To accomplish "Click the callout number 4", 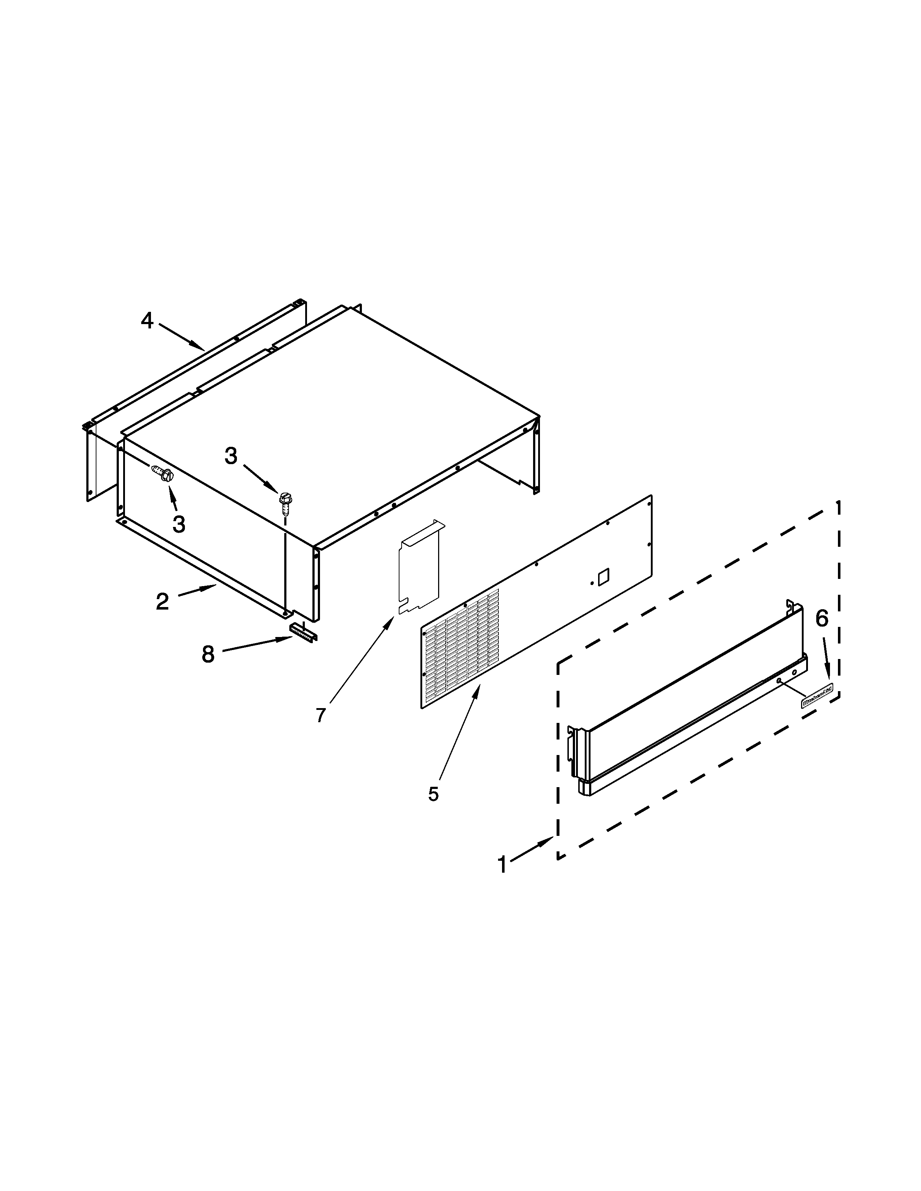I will coord(147,320).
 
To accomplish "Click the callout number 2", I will coord(162,602).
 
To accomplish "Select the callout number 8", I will coord(208,654).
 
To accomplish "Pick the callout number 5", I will coord(433,794).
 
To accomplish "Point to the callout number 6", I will coord(822,618).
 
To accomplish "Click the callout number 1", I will coord(502,865).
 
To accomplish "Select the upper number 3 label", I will coord(232,456).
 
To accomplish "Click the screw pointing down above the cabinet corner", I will coord(284,502).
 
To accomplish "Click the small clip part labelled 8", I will coord(303,633).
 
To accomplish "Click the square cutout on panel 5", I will coord(604,577).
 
